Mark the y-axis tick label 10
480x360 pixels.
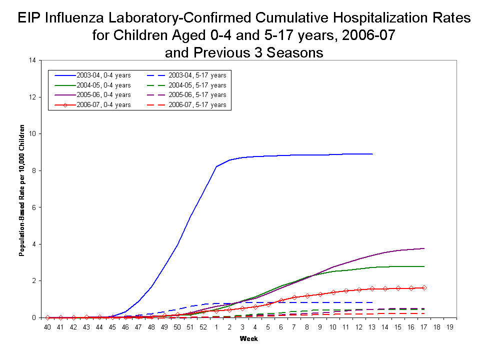point(32,134)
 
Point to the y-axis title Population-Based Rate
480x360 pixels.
point(22,189)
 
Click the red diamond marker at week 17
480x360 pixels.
point(423,287)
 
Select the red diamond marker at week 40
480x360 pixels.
point(47,317)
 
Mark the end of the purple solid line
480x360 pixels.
point(424,248)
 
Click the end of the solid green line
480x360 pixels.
point(424,266)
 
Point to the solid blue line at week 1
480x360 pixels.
point(216,166)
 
